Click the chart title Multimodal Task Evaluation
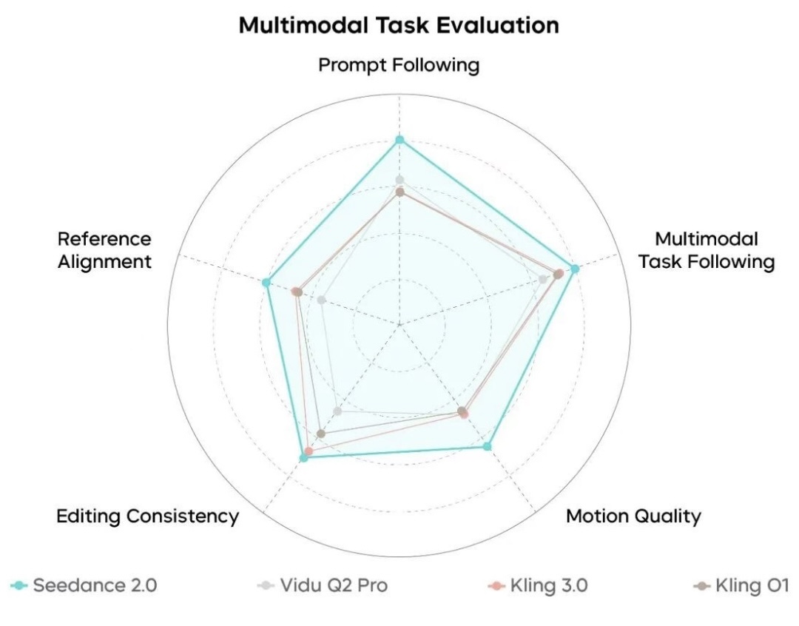pyautogui.click(x=399, y=25)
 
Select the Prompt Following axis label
pyautogui.click(x=399, y=65)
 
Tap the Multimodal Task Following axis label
pyautogui.click(x=707, y=250)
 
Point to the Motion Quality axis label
pyautogui.click(x=633, y=516)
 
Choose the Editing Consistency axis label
pyautogui.click(x=148, y=516)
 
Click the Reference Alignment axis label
pyautogui.click(x=104, y=250)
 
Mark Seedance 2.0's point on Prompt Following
pyautogui.click(x=399, y=139)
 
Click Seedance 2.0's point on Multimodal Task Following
pyautogui.click(x=575, y=268)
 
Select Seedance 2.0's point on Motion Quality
pyautogui.click(x=487, y=446)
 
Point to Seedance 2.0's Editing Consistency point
pyautogui.click(x=303, y=458)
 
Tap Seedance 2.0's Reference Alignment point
pyautogui.click(x=266, y=282)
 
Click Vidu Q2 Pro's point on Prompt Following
pyautogui.click(x=399, y=180)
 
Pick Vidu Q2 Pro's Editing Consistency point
pyautogui.click(x=338, y=411)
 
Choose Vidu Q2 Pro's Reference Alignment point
pyautogui.click(x=322, y=300)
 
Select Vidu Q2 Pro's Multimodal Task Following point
pyautogui.click(x=544, y=279)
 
